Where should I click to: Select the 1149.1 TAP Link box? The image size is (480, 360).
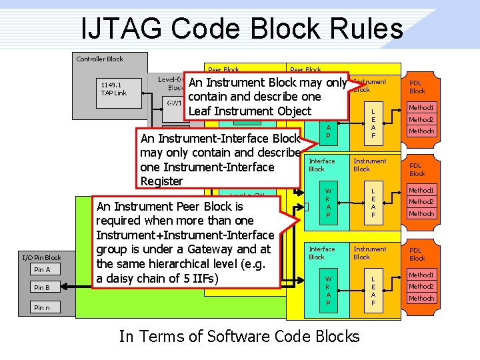(x=114, y=89)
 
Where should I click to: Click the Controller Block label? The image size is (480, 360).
(x=100, y=59)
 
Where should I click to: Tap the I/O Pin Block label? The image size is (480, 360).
(x=41, y=257)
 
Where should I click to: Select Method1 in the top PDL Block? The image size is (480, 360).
(x=421, y=108)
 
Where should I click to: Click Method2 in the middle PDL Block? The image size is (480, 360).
(x=421, y=202)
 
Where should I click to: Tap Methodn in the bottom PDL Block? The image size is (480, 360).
(x=421, y=298)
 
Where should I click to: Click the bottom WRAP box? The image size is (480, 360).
(x=327, y=291)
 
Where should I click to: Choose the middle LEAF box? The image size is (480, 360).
(x=373, y=203)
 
